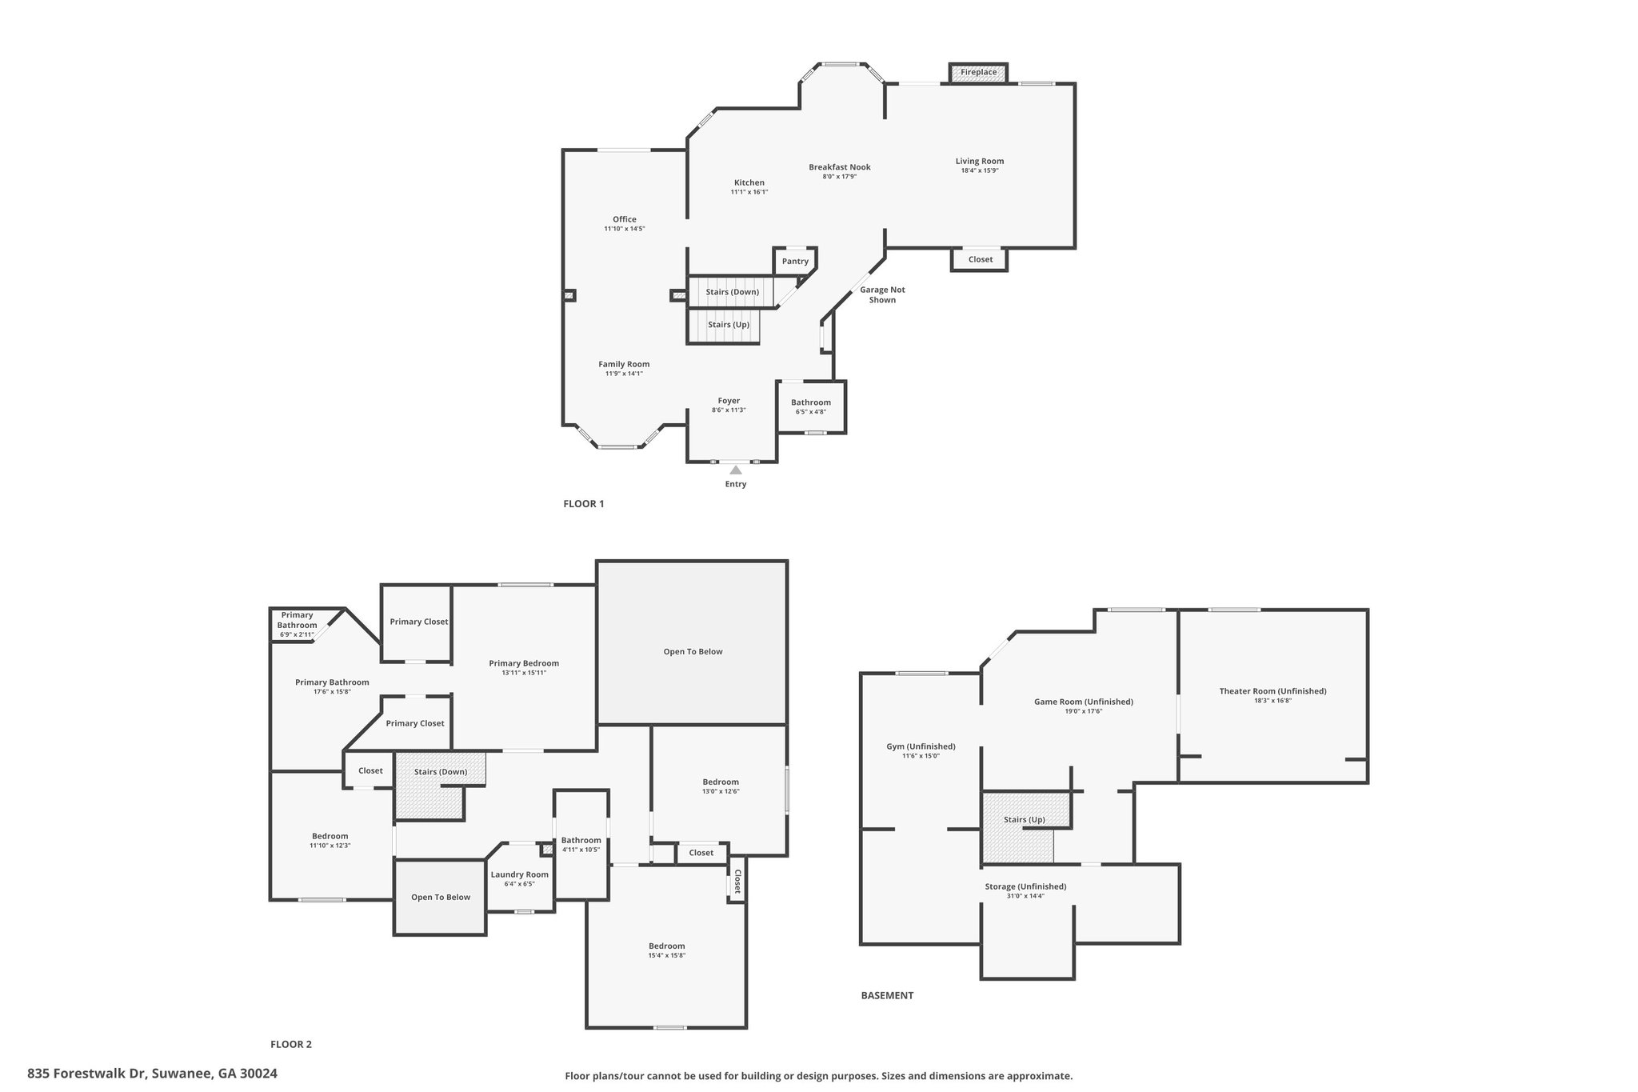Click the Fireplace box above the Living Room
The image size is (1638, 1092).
(x=978, y=72)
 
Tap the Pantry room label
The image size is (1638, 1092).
(x=795, y=262)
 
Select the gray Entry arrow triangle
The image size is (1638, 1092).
(x=736, y=470)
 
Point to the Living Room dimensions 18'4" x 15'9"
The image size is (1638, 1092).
(x=980, y=170)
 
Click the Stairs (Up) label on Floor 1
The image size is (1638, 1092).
(x=729, y=325)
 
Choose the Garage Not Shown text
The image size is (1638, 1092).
(x=882, y=294)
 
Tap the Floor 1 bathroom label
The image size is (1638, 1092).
(x=811, y=402)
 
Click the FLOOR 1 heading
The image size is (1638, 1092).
(x=584, y=504)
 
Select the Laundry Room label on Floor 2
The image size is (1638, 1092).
(x=520, y=874)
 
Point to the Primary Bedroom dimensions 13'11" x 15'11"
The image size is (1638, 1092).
(x=524, y=673)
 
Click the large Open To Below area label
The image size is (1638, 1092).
(x=693, y=651)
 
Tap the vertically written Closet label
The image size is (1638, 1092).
(x=737, y=882)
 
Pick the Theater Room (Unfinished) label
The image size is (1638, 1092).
(x=1272, y=691)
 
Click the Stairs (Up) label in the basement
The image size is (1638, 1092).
(x=1025, y=820)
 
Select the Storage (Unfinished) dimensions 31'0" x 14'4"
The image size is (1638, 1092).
(x=1025, y=896)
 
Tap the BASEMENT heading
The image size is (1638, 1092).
(x=887, y=996)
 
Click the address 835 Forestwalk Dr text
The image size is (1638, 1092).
(x=86, y=1074)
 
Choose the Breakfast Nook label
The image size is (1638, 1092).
(x=839, y=167)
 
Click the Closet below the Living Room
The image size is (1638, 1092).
(x=981, y=259)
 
